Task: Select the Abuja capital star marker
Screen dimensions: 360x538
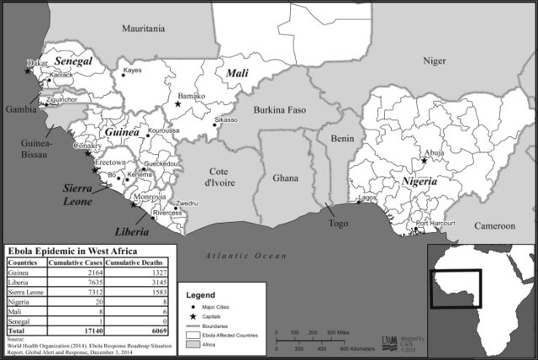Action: (x=424, y=160)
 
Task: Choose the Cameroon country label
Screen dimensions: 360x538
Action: (x=493, y=226)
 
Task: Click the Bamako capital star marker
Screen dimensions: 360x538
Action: (x=177, y=105)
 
